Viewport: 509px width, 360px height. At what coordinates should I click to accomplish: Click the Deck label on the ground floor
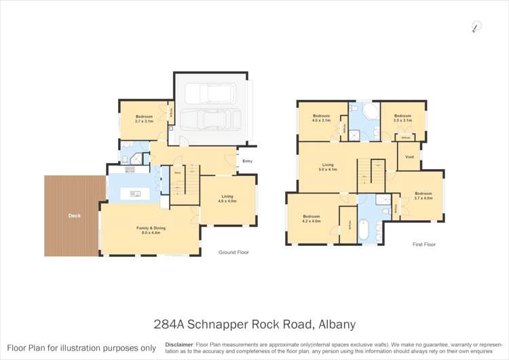click(x=74, y=217)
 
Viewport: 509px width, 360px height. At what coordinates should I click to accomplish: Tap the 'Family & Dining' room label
click(x=150, y=230)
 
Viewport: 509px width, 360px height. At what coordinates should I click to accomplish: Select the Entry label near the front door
click(x=247, y=161)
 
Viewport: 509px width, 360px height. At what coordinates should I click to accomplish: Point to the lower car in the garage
click(x=211, y=121)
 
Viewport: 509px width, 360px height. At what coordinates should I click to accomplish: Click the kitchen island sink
click(x=135, y=194)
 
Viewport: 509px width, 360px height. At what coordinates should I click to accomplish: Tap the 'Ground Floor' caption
click(x=233, y=252)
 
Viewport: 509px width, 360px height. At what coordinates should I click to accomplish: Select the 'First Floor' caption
click(x=424, y=244)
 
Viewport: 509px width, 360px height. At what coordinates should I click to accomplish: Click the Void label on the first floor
click(x=409, y=157)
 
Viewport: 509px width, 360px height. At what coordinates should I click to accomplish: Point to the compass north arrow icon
click(x=476, y=27)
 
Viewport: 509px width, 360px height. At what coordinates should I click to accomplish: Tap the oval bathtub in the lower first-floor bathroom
click(x=364, y=230)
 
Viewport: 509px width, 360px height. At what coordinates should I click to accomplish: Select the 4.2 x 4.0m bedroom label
click(x=312, y=219)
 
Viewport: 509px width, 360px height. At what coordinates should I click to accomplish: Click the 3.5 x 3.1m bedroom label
click(x=402, y=118)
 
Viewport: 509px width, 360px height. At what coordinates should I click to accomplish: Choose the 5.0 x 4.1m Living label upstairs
click(x=328, y=166)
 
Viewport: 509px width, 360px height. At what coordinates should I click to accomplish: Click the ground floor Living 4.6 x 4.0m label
click(x=227, y=199)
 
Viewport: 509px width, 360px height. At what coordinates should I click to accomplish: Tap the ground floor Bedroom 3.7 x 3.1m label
click(x=143, y=119)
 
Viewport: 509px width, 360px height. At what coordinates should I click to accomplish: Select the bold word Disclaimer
click(x=178, y=344)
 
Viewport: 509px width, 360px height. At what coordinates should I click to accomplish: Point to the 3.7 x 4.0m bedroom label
click(x=423, y=196)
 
